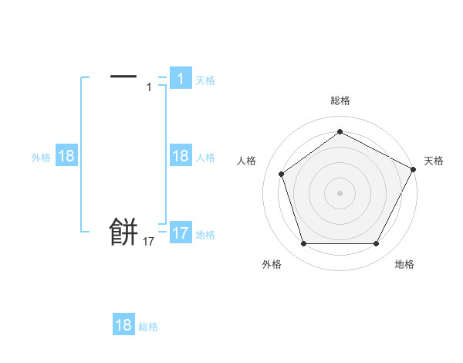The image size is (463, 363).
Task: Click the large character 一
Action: pyautogui.click(x=123, y=76)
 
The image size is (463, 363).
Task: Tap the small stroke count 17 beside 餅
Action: pyautogui.click(x=149, y=242)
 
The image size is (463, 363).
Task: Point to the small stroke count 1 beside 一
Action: pyautogui.click(x=149, y=87)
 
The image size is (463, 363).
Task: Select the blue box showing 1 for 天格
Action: pyautogui.click(x=181, y=78)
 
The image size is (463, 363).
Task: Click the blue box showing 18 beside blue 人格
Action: pyautogui.click(x=181, y=156)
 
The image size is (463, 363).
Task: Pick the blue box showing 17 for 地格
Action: pyautogui.click(x=181, y=233)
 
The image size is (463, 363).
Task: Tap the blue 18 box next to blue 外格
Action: pyautogui.click(x=66, y=156)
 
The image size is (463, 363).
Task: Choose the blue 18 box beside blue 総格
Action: pyautogui.click(x=123, y=325)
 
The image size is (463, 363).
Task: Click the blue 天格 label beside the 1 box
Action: pyautogui.click(x=205, y=80)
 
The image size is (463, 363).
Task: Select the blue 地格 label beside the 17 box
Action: pyautogui.click(x=205, y=235)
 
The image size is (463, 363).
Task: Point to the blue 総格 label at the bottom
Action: pyautogui.click(x=148, y=327)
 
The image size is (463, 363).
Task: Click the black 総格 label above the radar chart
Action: pyautogui.click(x=340, y=100)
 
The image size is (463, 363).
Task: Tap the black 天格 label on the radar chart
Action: pyautogui.click(x=434, y=161)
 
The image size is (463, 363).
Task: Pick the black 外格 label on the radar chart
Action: pyautogui.click(x=272, y=264)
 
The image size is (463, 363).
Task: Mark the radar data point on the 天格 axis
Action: pyautogui.click(x=414, y=169)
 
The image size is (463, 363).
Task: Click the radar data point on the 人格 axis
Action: pyautogui.click(x=281, y=174)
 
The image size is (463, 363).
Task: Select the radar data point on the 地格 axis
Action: pyautogui.click(x=376, y=244)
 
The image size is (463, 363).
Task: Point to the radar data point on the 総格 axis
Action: pyautogui.click(x=340, y=131)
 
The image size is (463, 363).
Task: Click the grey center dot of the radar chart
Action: pyautogui.click(x=340, y=192)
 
